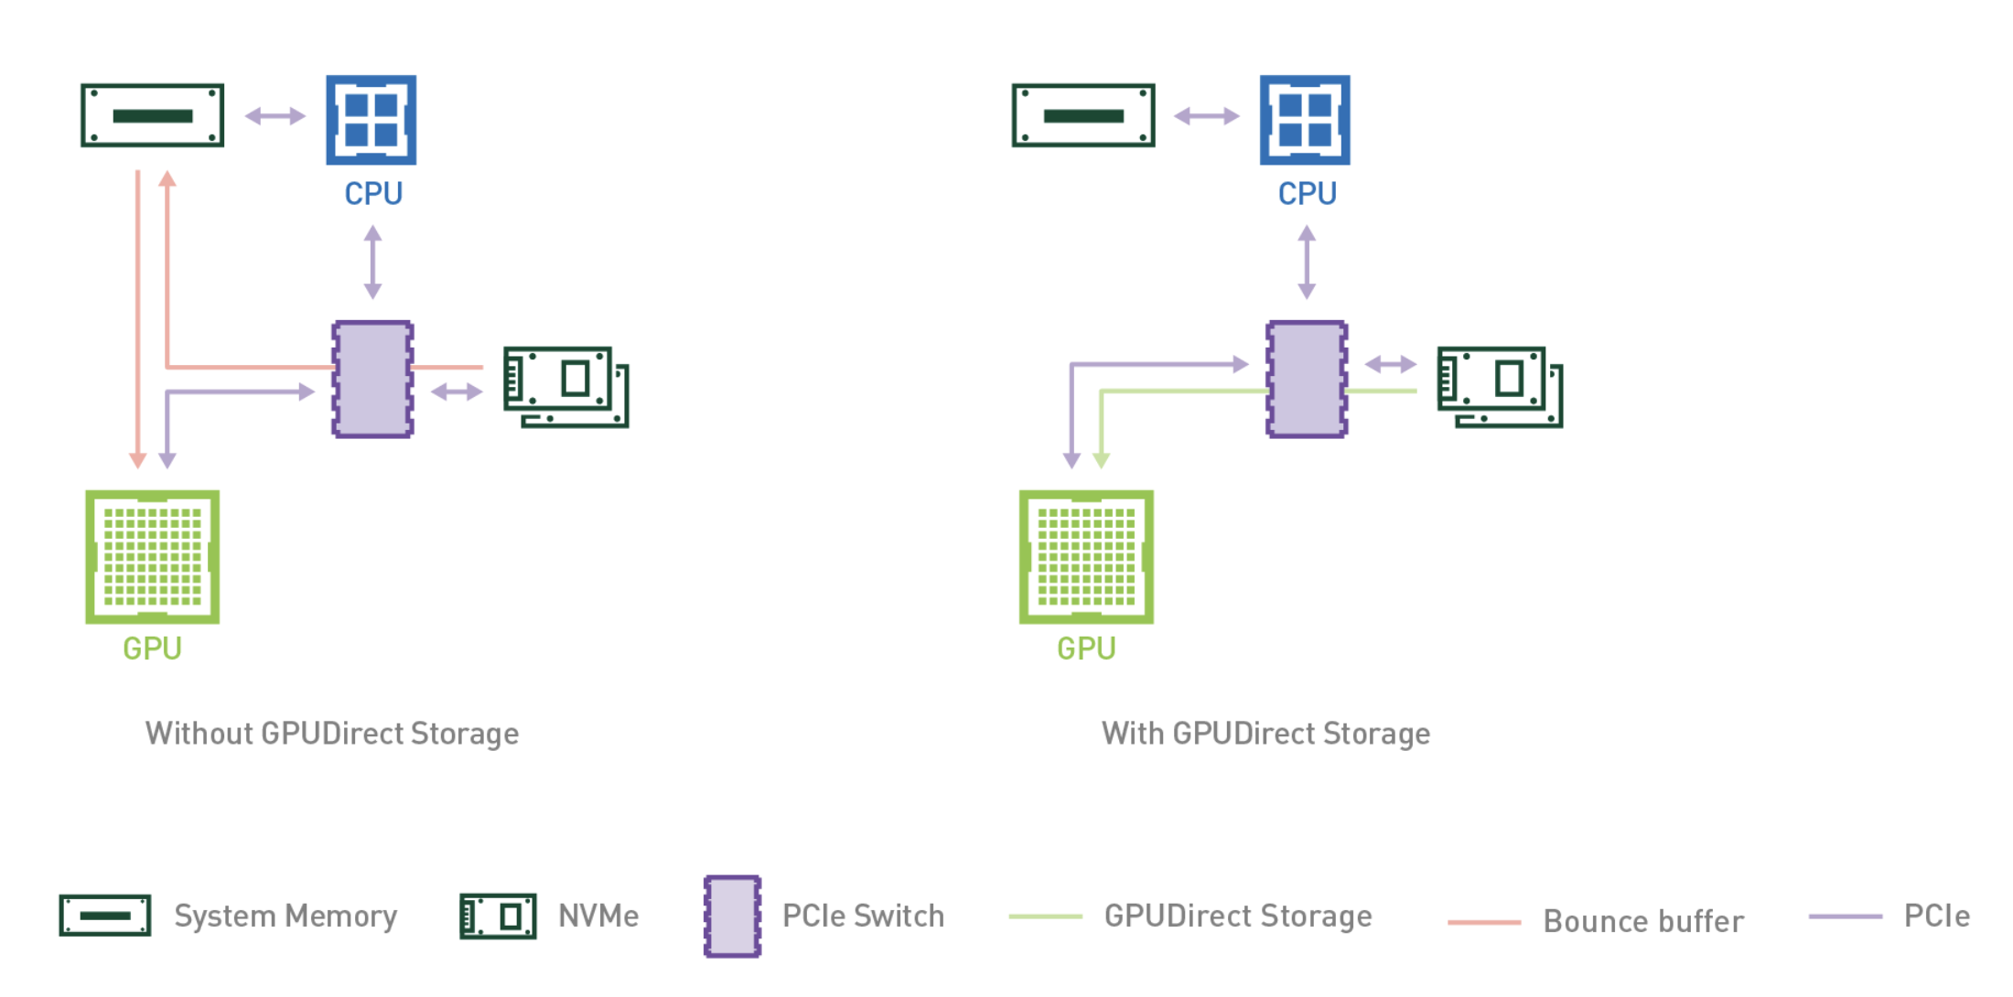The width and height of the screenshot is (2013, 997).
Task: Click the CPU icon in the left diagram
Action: point(371,120)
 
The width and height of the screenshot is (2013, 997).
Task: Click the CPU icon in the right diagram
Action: point(1305,120)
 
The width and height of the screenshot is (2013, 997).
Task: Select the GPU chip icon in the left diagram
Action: point(153,557)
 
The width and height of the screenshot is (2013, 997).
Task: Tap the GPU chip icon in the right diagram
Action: point(1086,557)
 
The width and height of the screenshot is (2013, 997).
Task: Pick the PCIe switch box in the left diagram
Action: point(372,380)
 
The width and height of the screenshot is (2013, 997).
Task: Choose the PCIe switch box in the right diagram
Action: point(1307,380)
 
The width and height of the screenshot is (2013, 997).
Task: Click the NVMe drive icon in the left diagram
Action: point(566,387)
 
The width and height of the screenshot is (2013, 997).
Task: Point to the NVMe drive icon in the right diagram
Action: point(1500,387)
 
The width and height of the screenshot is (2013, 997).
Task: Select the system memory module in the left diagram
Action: point(153,115)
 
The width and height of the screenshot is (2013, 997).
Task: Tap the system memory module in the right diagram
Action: point(1083,115)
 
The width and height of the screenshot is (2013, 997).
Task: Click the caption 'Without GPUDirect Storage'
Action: point(332,734)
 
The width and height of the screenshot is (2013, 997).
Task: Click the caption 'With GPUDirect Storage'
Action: point(1265,734)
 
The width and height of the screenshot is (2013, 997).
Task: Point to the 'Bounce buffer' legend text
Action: point(1643,921)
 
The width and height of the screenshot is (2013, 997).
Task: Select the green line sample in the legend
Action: point(1046,917)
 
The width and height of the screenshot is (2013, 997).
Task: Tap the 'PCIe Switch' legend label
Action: point(863,917)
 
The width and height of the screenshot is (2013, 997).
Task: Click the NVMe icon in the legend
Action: point(498,917)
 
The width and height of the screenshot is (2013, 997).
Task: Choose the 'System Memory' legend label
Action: point(285,917)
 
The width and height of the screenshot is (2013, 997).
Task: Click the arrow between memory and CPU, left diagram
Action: point(275,116)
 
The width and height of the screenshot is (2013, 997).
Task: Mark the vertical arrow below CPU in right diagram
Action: point(1307,263)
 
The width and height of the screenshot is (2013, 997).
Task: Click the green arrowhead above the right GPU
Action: point(1102,460)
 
